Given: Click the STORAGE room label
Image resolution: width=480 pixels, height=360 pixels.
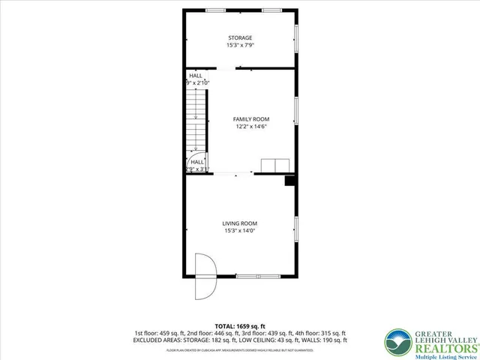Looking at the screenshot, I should (240, 37).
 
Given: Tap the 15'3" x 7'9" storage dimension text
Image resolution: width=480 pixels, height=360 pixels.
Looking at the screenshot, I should (240, 46).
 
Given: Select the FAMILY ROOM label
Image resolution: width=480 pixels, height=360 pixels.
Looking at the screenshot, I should (250, 119).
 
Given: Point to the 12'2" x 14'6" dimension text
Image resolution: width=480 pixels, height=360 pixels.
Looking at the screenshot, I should (250, 127).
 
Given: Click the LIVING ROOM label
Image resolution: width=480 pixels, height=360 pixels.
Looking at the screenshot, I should (240, 223).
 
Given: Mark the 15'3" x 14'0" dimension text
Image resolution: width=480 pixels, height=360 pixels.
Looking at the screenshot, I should (240, 231).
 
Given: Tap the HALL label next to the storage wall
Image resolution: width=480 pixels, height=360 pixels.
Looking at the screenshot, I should (196, 76).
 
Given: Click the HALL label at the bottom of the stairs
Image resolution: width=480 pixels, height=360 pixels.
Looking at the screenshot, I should (197, 161).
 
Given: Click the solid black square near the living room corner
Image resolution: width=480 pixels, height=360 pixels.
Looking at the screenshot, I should (289, 181).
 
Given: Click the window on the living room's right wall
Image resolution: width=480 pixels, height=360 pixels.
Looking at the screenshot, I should (296, 228).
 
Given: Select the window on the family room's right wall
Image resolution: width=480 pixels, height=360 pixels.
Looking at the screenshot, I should (296, 110).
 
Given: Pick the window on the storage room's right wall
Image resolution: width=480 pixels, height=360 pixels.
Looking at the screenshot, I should (296, 38).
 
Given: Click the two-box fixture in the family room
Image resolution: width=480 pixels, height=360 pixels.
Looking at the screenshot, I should (274, 166).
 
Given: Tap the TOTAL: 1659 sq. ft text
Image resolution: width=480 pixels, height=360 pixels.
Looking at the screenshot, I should (240, 326).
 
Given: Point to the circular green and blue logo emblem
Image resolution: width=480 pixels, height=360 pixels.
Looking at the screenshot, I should (397, 341).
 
